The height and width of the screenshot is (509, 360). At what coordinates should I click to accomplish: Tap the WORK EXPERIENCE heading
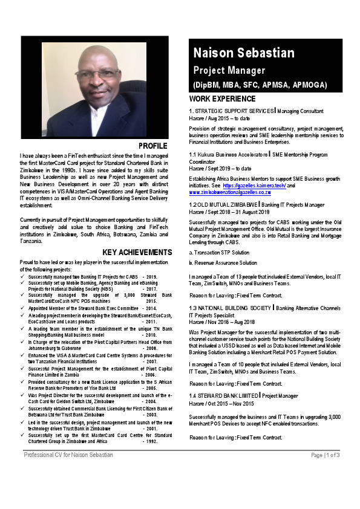pyautogui.click(x=222, y=99)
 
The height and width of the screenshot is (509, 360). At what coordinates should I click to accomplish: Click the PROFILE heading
pyautogui.click(x=152, y=146)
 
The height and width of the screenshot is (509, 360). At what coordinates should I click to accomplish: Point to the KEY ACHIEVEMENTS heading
pyautogui.click(x=137, y=252)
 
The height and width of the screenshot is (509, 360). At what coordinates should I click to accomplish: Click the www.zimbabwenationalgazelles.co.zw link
pyautogui.click(x=230, y=192)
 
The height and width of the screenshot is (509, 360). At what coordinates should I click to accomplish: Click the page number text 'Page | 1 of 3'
pyautogui.click(x=325, y=472)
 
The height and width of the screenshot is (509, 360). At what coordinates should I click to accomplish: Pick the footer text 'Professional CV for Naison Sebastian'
pyautogui.click(x=68, y=472)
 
